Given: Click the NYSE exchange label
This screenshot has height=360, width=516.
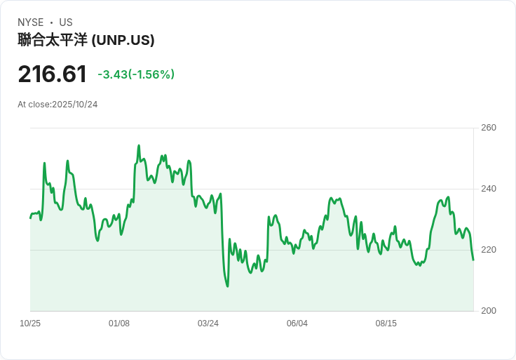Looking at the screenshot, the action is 31,22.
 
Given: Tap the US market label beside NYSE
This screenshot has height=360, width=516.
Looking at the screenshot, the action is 66,22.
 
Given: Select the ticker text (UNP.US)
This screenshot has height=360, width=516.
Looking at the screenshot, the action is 123,40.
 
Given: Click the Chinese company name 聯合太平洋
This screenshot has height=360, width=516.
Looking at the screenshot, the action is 53,40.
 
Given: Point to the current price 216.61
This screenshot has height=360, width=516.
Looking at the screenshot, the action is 53,74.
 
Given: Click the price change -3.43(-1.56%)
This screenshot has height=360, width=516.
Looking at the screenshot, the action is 136,74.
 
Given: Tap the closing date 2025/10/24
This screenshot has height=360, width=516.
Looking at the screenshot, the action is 75,105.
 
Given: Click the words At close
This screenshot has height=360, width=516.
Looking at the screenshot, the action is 34,105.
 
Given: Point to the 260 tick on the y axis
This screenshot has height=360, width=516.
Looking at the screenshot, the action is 489,128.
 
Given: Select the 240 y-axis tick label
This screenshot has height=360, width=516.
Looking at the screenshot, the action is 489,189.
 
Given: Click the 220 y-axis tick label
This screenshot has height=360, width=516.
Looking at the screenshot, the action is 489,250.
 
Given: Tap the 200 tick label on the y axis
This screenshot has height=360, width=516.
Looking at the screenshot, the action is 489,311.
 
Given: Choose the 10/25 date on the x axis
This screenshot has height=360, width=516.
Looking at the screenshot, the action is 30,324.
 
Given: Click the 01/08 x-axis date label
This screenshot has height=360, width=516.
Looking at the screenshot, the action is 119,324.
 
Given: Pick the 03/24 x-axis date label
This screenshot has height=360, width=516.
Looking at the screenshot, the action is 208,324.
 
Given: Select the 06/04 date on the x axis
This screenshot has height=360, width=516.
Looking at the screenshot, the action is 297,324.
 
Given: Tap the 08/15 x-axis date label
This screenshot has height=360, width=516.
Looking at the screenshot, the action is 386,324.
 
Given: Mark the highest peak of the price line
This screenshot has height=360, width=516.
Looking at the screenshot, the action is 139,145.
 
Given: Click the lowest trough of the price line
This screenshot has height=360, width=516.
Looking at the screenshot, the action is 227,286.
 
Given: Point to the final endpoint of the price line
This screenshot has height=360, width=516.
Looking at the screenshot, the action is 473,260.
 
